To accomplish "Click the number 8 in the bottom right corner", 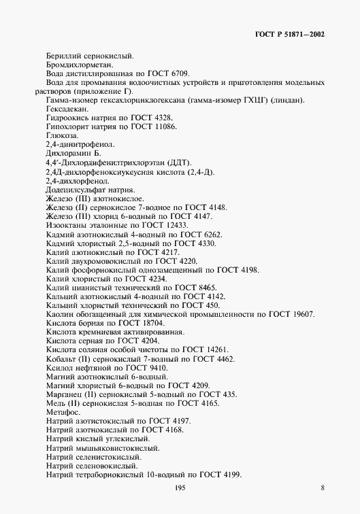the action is click(x=323, y=489).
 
